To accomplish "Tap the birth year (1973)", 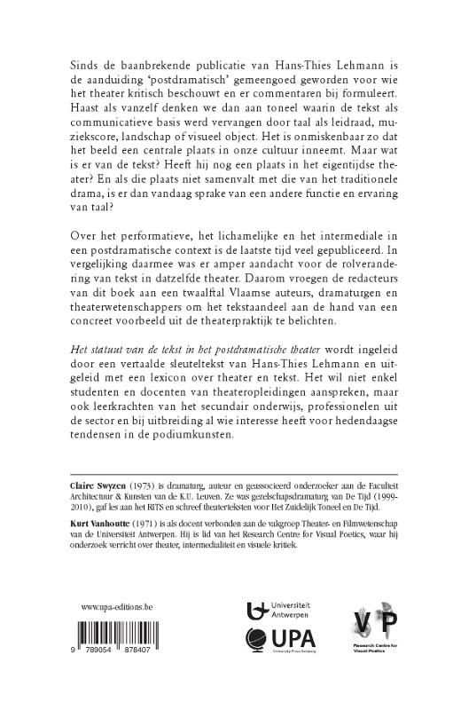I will point(145,485).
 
